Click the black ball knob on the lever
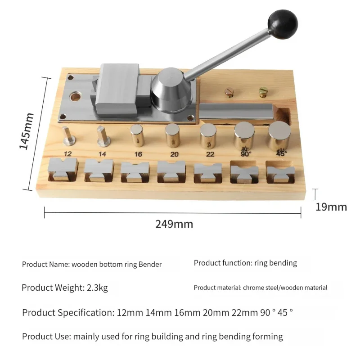tap(283, 24)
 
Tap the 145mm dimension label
tap(27, 131)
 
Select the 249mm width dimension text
tap(174, 224)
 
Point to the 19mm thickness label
tap(331, 207)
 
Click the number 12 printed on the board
tap(67, 154)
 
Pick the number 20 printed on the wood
tap(174, 154)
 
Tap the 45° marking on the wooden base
tap(281, 153)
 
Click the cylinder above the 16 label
tap(137, 136)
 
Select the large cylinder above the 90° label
tap(244, 136)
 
